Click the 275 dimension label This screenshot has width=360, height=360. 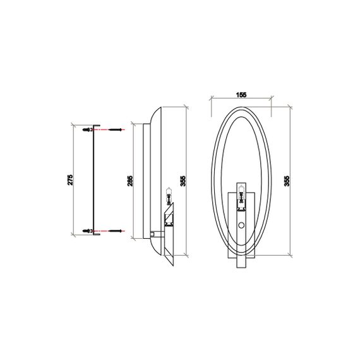[x=70, y=179]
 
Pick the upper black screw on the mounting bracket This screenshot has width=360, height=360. [x=85, y=129]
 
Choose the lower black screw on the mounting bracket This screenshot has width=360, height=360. [x=85, y=229]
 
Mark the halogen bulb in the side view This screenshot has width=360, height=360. [x=169, y=196]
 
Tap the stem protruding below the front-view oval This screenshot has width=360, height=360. [x=241, y=259]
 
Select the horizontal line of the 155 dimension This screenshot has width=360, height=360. [x=241, y=99]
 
